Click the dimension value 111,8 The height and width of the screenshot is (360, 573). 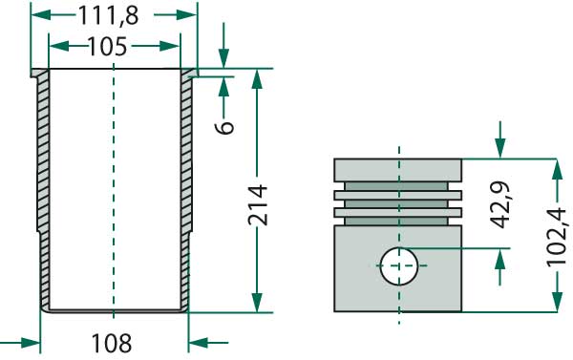[x=114, y=16]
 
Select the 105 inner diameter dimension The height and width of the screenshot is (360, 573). [x=114, y=46]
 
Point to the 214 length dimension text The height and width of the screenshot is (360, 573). [x=256, y=204]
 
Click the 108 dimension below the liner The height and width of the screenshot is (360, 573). [x=112, y=342]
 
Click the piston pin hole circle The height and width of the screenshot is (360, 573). [x=398, y=265]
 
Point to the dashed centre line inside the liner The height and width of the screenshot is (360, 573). [x=114, y=191]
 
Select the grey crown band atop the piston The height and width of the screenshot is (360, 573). [x=398, y=169]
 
